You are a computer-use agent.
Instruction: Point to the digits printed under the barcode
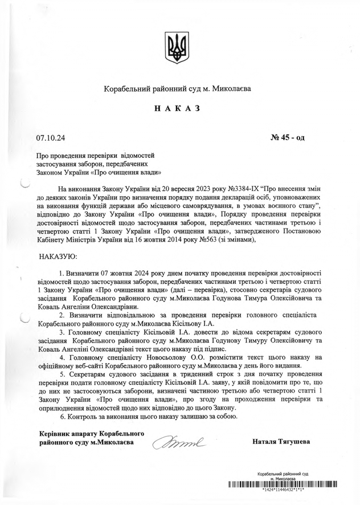point(283,490)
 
